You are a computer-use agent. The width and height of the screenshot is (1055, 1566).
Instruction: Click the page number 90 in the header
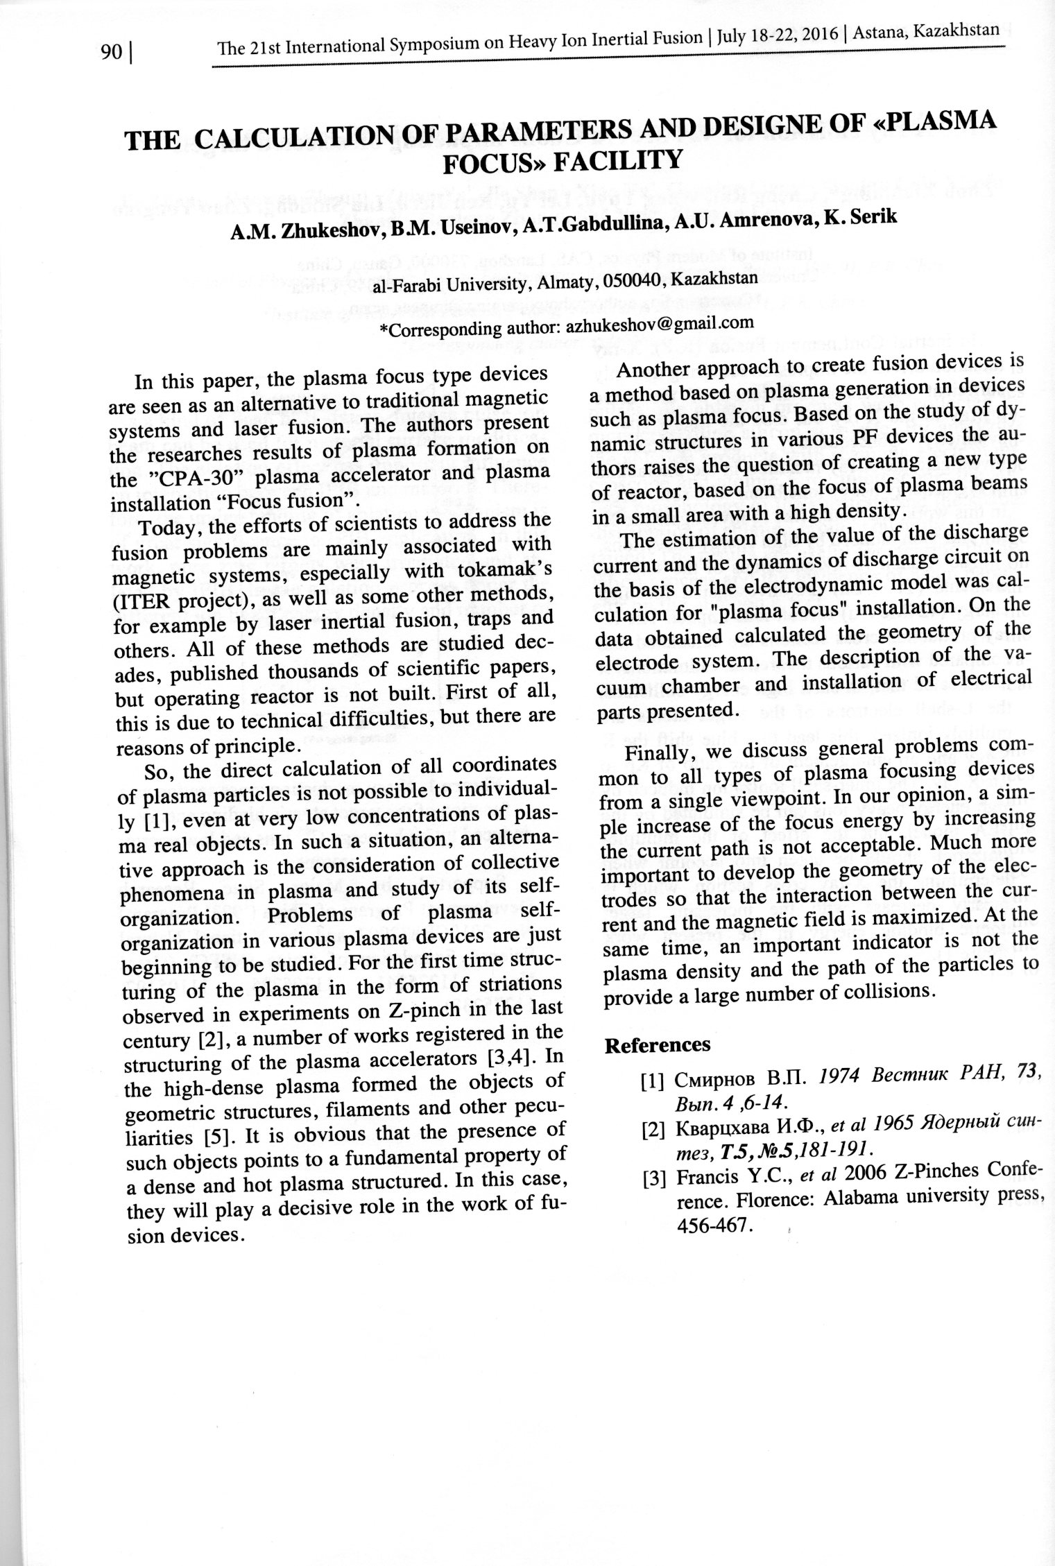coord(111,53)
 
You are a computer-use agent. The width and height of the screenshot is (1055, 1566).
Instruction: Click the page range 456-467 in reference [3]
coord(714,1225)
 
